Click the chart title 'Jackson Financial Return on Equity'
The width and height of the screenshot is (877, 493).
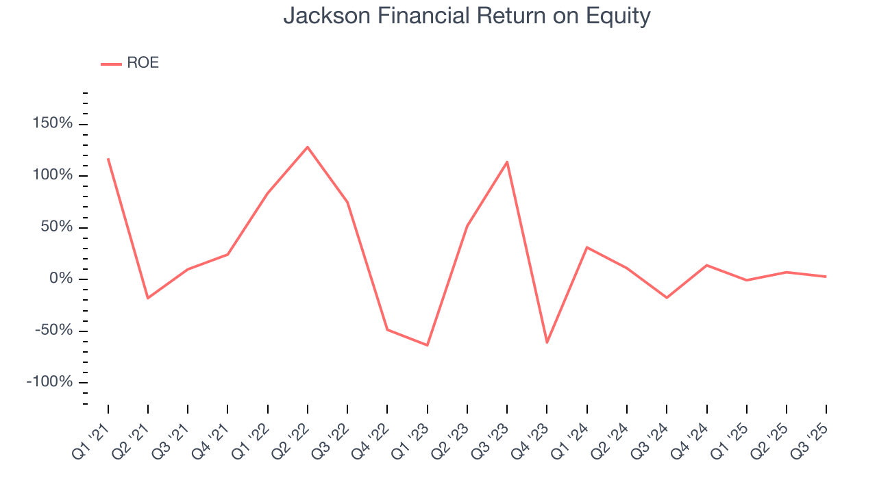coord(467,16)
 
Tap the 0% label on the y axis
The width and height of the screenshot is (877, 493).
coord(60,279)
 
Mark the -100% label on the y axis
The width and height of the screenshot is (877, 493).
coord(49,381)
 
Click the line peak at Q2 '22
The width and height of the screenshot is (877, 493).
coord(308,147)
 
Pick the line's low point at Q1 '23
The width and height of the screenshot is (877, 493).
coord(428,345)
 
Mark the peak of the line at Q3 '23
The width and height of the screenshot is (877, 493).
coord(507,162)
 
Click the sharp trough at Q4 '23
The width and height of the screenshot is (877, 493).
coord(547,342)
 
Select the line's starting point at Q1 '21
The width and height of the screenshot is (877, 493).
coord(108,159)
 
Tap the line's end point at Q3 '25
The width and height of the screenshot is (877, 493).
coord(826,277)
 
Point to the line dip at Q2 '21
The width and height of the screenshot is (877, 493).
coord(148,298)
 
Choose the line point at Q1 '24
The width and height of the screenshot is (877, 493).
coord(586,247)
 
